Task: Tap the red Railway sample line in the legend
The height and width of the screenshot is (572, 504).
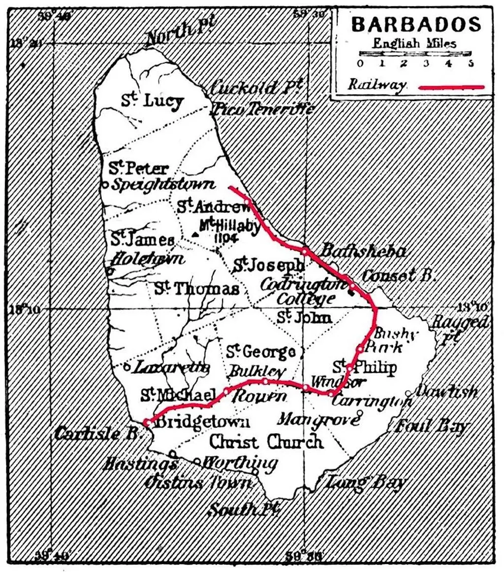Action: pyautogui.click(x=452, y=87)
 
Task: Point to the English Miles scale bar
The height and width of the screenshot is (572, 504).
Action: pyautogui.click(x=415, y=53)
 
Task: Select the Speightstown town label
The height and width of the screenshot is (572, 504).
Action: pyautogui.click(x=163, y=185)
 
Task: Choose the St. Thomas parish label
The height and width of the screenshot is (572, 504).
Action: pyautogui.click(x=196, y=288)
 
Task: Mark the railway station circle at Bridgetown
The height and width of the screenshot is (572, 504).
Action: pyautogui.click(x=147, y=422)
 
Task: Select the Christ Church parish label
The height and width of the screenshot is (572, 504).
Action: pyautogui.click(x=266, y=442)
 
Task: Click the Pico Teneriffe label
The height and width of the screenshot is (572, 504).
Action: pyautogui.click(x=262, y=109)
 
